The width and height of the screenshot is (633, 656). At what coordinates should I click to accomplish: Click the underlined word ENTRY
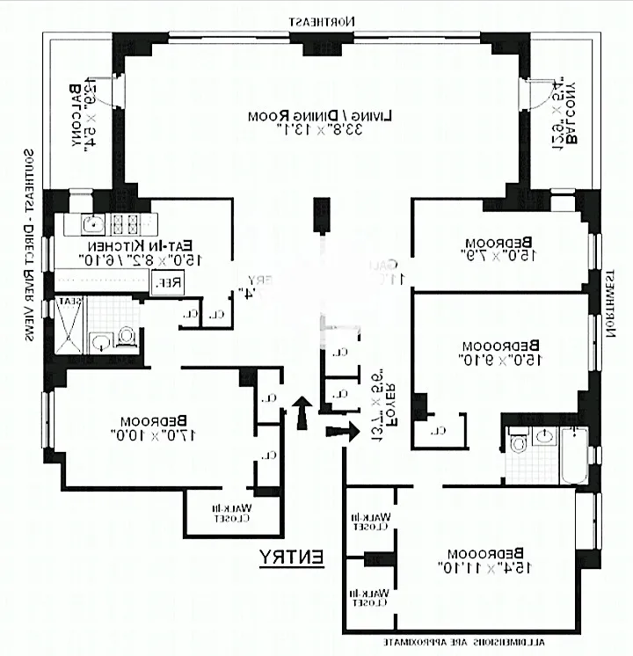pyautogui.click(x=292, y=557)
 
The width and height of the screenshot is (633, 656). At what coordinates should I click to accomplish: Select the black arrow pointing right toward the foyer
pyautogui.click(x=343, y=431)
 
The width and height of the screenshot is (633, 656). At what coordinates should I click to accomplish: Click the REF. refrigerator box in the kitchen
pyautogui.click(x=164, y=282)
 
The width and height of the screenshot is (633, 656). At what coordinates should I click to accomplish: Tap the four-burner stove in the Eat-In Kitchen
pyautogui.click(x=127, y=222)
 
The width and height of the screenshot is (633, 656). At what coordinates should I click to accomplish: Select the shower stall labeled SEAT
pyautogui.click(x=70, y=325)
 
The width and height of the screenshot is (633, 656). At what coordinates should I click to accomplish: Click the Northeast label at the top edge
pyautogui.click(x=325, y=19)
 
